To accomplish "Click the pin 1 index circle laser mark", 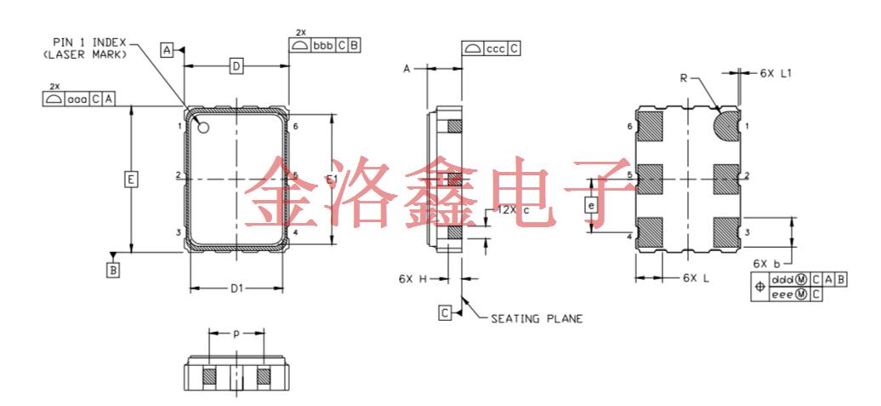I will click(x=204, y=128).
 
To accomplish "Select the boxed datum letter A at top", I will click(x=168, y=51).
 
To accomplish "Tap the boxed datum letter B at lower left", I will click(x=113, y=270).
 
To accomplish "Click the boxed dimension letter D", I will click(x=237, y=66).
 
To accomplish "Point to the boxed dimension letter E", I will click(x=130, y=180).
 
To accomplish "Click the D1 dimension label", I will click(x=237, y=289).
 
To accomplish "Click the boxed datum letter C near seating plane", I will click(x=445, y=312).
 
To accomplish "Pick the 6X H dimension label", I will click(x=412, y=277).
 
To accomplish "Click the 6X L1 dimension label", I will click(x=776, y=74).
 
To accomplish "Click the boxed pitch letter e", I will click(x=593, y=205).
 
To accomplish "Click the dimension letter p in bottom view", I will click(x=236, y=334).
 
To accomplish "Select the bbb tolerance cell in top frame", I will click(x=321, y=45).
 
